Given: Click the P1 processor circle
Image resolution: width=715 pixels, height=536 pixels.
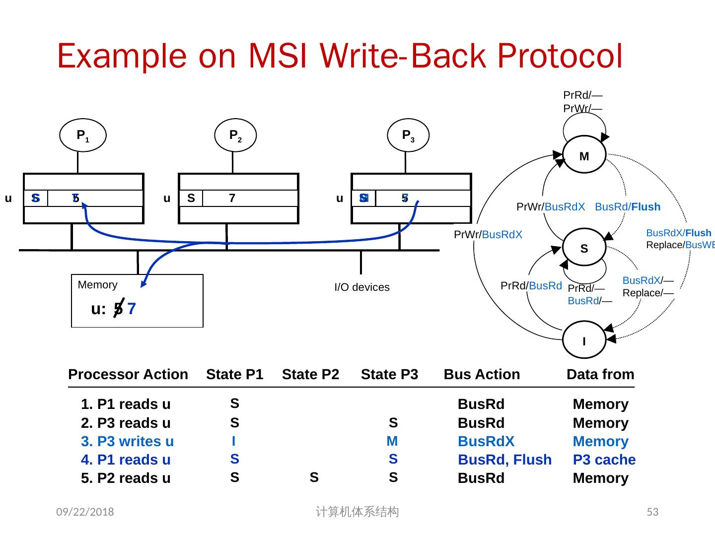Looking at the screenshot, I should click(x=82, y=135).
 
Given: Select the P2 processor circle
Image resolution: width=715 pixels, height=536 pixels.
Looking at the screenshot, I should click(x=235, y=135).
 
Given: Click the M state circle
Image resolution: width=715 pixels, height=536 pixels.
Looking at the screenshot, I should click(x=584, y=156).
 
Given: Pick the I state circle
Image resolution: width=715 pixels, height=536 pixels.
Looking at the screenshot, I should click(x=584, y=341).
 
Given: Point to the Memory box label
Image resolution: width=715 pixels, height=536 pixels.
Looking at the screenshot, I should click(x=98, y=285).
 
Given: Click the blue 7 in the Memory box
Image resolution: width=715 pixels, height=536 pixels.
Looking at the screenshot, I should click(x=132, y=309).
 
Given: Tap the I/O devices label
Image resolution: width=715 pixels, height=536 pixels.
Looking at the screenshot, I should click(x=362, y=287).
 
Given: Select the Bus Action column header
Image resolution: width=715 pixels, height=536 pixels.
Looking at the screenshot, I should click(x=482, y=374).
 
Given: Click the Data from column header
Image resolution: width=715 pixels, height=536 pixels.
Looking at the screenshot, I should click(x=600, y=374).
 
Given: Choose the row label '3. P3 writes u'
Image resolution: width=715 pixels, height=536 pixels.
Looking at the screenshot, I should click(x=127, y=441).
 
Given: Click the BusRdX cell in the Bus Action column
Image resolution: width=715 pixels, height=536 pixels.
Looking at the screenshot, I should click(x=486, y=441).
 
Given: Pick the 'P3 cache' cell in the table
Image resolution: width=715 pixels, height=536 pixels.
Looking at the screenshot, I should click(x=604, y=460).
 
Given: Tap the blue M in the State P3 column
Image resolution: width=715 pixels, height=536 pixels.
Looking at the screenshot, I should click(x=392, y=441).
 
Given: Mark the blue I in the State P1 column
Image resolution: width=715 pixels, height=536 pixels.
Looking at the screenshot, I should click(x=234, y=441).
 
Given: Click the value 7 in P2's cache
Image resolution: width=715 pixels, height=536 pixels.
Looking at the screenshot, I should click(x=232, y=199).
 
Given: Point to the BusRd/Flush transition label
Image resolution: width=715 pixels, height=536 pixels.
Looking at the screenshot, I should click(x=628, y=207).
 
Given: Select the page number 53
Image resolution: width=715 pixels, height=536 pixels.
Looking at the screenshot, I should click(x=652, y=512).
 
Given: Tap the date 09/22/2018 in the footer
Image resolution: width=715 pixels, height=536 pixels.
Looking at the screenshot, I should click(x=85, y=512).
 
